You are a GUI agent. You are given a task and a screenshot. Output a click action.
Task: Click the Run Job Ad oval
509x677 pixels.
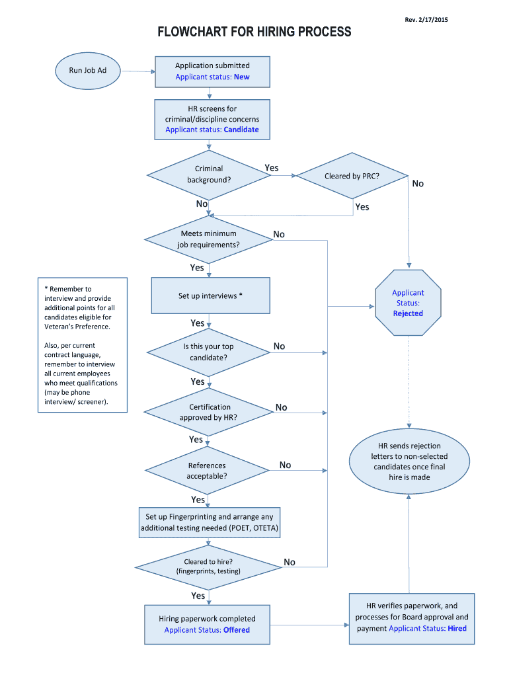pos(88,70)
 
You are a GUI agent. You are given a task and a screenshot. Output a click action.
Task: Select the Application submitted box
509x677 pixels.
pos(212,71)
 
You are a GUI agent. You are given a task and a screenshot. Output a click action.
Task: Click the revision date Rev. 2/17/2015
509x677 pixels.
pos(426,20)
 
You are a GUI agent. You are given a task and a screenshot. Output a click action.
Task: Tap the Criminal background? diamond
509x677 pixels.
pos(209,175)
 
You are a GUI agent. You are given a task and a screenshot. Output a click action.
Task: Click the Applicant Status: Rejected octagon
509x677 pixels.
pos(408,303)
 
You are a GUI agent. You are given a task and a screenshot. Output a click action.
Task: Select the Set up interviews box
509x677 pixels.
pos(210,296)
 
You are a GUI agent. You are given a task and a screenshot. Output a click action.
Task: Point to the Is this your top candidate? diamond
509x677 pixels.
pos(209,352)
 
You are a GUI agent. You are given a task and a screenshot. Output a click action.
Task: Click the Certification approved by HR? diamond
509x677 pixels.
pos(209,412)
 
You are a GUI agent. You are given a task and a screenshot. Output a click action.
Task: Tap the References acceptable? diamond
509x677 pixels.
pos(207,470)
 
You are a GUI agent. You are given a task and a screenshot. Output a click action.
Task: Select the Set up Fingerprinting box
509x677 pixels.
pos(210,522)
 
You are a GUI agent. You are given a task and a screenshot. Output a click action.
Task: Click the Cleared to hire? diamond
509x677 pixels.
pos(208,566)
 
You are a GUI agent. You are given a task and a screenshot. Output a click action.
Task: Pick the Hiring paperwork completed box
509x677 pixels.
pos(207,624)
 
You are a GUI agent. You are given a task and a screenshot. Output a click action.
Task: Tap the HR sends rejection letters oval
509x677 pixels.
pos(409,461)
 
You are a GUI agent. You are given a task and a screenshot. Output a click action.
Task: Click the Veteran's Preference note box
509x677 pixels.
pos(82,344)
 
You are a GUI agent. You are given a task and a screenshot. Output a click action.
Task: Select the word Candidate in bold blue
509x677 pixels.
pos(241,130)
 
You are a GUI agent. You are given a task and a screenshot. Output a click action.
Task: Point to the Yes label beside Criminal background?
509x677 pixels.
pos(272,168)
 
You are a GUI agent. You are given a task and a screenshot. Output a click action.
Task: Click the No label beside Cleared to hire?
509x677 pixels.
pos(290,562)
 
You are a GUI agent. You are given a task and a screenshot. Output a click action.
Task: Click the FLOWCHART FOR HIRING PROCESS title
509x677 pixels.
pos(254,32)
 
